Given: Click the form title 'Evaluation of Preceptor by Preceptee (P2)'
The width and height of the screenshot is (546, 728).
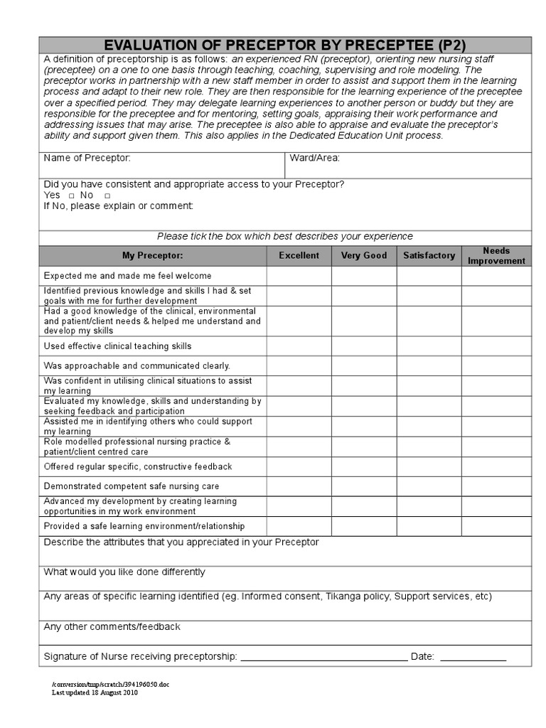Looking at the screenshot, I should click(x=284, y=44).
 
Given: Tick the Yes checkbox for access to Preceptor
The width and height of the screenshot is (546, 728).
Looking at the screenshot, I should click(x=72, y=196).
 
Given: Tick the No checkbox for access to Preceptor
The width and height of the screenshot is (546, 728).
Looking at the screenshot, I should click(x=107, y=196).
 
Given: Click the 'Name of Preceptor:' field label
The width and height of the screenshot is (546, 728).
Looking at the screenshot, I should click(x=87, y=158).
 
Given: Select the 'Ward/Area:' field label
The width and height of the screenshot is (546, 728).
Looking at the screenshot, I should click(x=314, y=158).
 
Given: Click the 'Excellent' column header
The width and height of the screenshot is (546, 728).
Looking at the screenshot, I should click(x=299, y=255).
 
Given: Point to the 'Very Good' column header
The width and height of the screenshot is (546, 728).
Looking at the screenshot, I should click(x=364, y=255).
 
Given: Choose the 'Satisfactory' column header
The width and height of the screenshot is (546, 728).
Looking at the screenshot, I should click(x=429, y=255).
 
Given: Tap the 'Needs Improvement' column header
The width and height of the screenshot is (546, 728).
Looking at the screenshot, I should click(x=496, y=255).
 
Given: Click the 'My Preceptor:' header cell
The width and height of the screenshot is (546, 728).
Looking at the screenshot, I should click(x=152, y=255).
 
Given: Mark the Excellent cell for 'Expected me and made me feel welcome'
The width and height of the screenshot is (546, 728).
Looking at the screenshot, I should click(x=299, y=276).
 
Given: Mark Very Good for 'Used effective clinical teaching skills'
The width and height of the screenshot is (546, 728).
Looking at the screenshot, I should click(x=364, y=346).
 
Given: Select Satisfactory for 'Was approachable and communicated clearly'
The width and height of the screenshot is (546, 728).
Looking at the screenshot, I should click(x=429, y=366).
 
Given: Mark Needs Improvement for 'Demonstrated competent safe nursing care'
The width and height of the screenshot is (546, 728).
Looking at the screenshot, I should click(x=496, y=486).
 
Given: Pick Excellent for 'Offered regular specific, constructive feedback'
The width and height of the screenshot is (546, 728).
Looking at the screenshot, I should click(x=299, y=466).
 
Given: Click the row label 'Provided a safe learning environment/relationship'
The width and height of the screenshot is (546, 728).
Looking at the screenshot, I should click(x=144, y=526).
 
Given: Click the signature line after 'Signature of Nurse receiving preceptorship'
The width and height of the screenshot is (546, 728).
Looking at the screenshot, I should click(x=323, y=658).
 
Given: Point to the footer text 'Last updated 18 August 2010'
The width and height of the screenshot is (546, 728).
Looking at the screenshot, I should click(x=95, y=692).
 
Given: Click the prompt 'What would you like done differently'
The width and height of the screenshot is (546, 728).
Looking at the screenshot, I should click(x=124, y=572).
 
